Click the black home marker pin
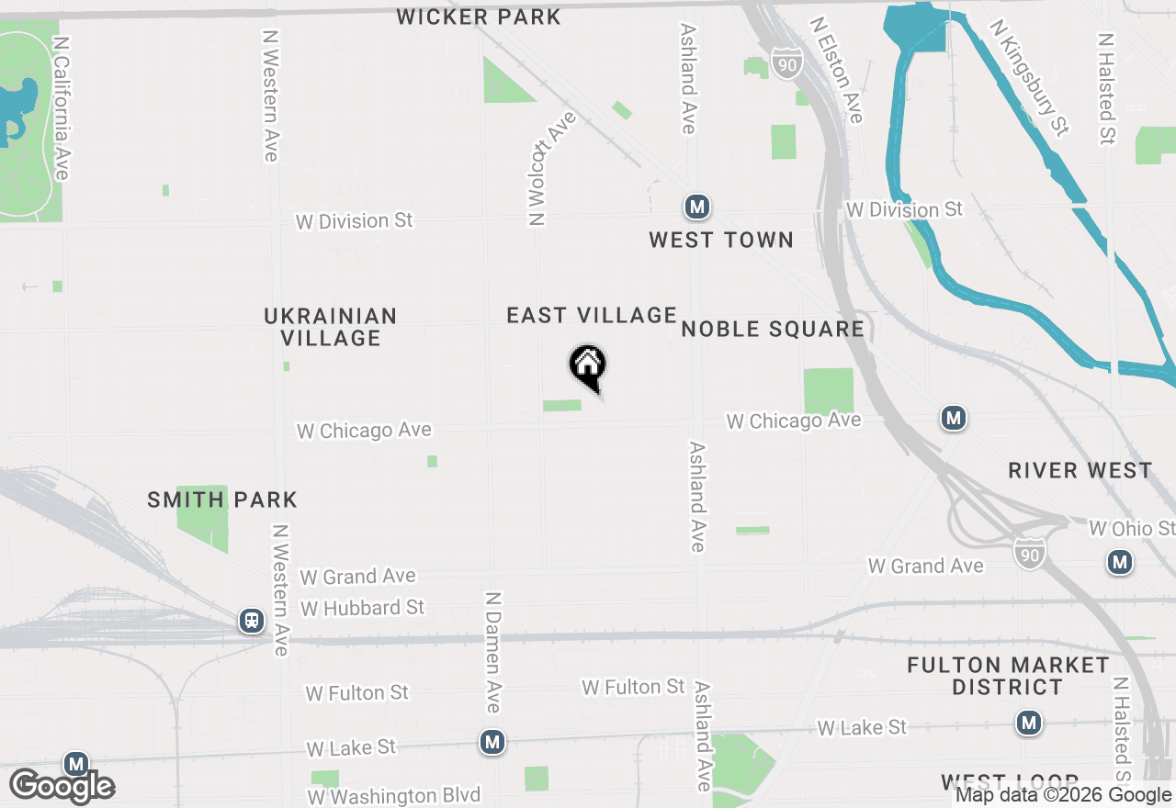(x=588, y=368)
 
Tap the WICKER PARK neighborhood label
(x=479, y=17)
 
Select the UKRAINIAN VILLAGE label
(x=331, y=327)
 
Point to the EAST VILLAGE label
(x=592, y=315)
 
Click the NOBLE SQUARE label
(x=773, y=329)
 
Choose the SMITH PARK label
(x=222, y=499)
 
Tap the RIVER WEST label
(x=1080, y=470)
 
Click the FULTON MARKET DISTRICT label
(x=1008, y=676)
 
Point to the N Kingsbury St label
(x=1030, y=77)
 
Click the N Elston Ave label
(x=837, y=70)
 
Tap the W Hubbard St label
(x=362, y=608)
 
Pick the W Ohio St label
(x=1131, y=529)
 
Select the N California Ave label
(x=62, y=108)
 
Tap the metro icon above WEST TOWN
(x=697, y=207)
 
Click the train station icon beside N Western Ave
(x=251, y=621)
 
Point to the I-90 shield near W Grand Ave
(x=1030, y=552)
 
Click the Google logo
(x=62, y=787)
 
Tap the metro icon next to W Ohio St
(x=1119, y=561)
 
